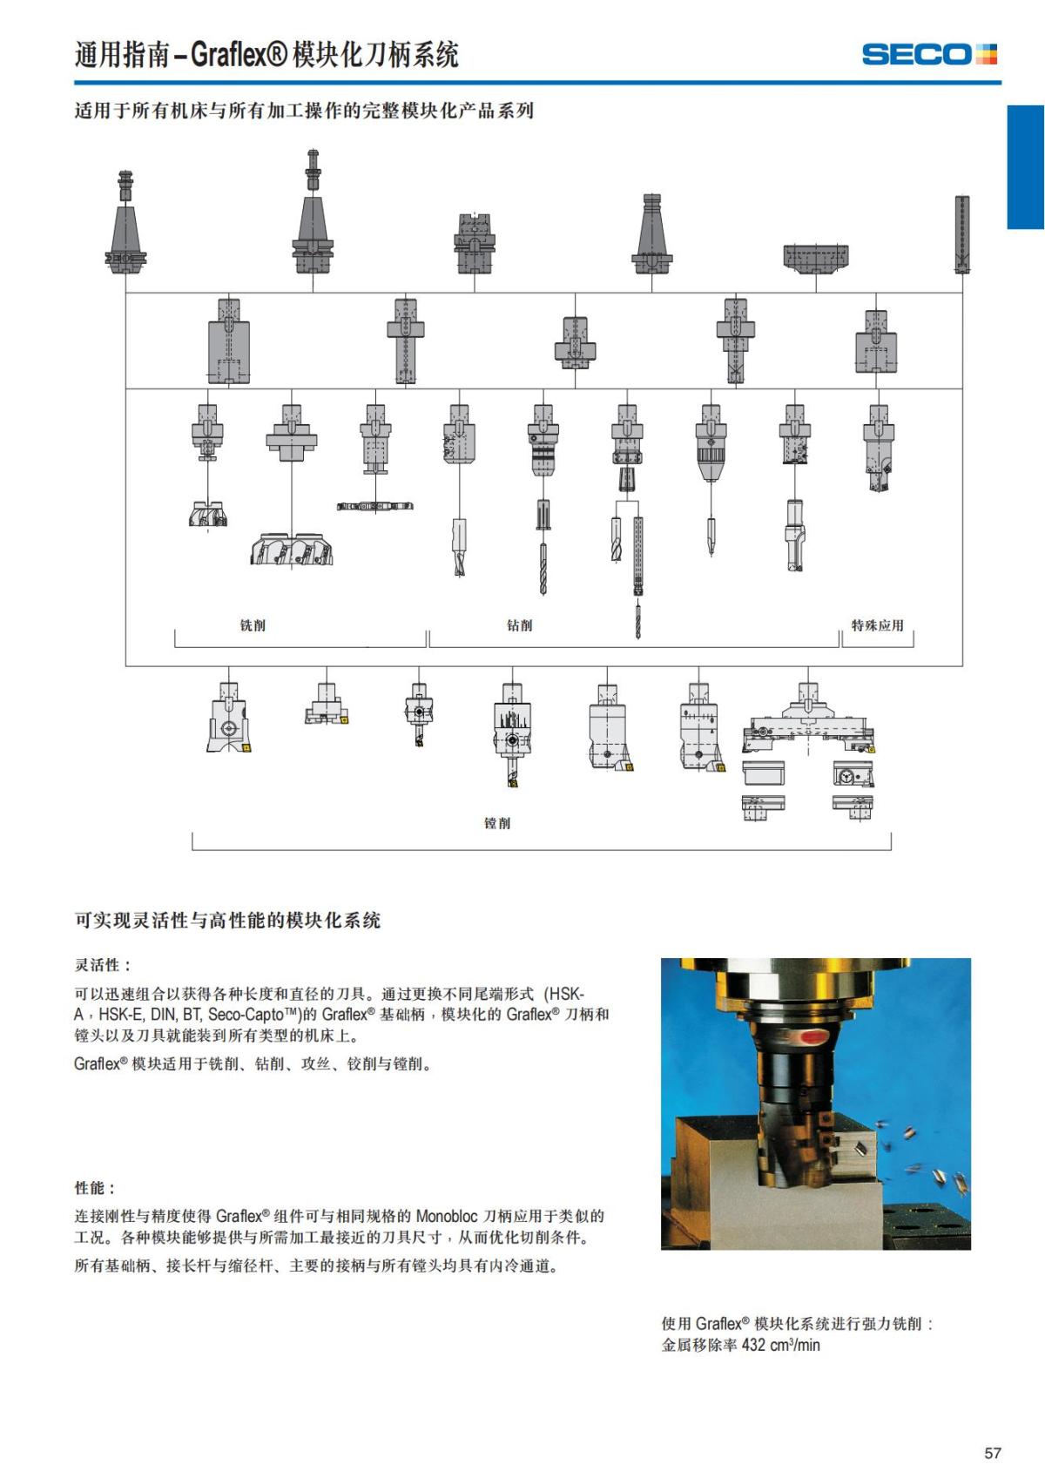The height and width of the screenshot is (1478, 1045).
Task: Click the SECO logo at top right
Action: tap(928, 54)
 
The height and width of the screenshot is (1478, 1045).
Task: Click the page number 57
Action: tap(992, 1453)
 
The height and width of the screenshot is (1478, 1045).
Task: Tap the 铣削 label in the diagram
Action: tap(253, 625)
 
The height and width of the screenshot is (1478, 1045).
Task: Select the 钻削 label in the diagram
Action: tap(519, 625)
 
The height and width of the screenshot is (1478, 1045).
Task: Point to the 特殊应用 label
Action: tap(877, 625)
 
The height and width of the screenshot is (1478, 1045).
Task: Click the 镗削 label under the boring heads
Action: tap(497, 823)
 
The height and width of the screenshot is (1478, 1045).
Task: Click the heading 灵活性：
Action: tap(103, 965)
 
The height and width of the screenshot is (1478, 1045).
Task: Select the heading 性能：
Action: tap(95, 1188)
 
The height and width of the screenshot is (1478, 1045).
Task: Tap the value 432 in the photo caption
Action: tap(753, 1345)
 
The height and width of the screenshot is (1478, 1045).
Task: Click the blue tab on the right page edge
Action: tap(1025, 167)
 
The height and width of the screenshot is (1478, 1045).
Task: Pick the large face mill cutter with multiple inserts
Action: tap(293, 549)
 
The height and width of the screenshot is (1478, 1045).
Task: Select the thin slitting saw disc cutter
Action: tap(374, 506)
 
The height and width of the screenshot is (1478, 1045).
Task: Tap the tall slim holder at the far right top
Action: tap(961, 233)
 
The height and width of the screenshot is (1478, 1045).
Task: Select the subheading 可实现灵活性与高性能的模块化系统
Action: tap(227, 921)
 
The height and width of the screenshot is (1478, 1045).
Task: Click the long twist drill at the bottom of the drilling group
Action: tap(637, 618)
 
